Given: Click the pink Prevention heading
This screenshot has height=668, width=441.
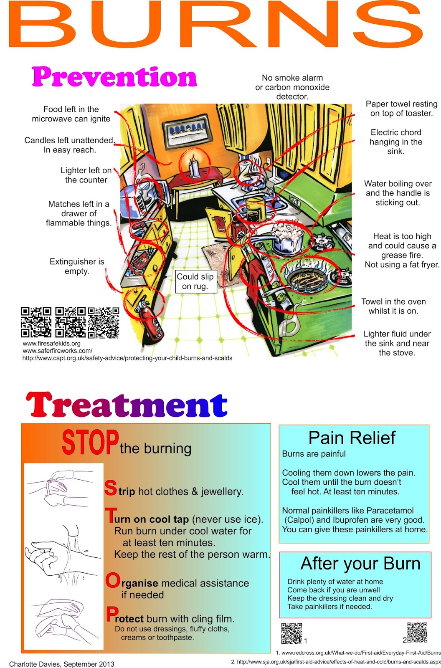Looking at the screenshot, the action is click(x=114, y=77).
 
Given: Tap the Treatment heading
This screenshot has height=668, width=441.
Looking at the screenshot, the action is click(x=127, y=405).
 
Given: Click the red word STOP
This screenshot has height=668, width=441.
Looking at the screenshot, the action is click(x=90, y=443).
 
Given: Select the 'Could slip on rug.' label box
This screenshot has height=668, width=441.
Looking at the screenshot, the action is click(x=196, y=281).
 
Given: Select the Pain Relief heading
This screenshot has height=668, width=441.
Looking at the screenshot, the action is click(x=352, y=438).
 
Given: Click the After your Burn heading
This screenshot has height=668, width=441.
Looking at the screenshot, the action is click(x=360, y=564).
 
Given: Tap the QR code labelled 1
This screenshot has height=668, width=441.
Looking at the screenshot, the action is click(x=291, y=633).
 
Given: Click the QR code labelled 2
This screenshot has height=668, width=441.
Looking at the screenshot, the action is click(x=417, y=632).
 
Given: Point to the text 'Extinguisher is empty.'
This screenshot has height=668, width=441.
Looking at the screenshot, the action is click(x=77, y=266).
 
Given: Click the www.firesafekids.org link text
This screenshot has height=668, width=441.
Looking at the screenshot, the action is click(x=51, y=344).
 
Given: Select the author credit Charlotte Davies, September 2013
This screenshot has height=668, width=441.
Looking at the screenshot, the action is click(x=62, y=664).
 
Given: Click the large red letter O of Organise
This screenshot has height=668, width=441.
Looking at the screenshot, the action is click(x=112, y=580).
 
